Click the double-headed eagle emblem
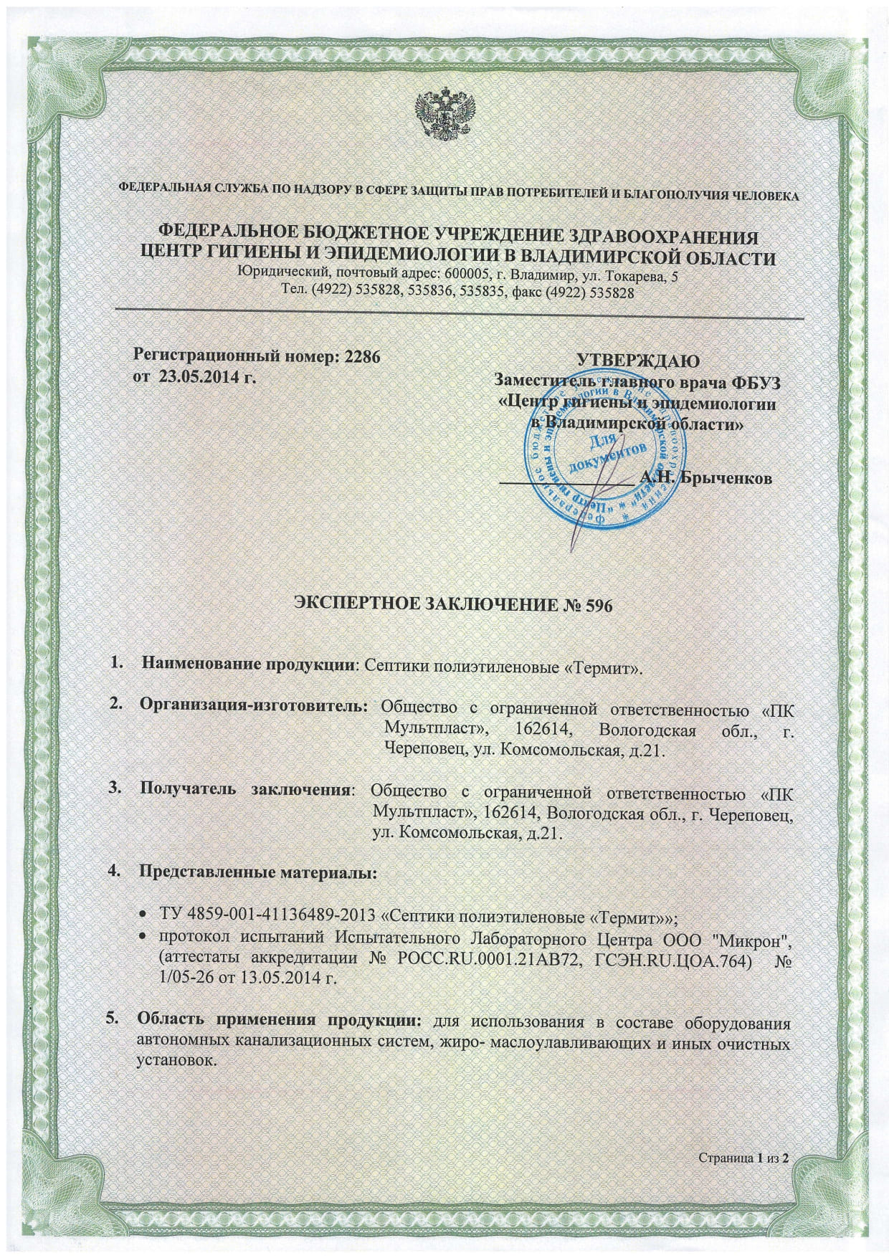444,114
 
